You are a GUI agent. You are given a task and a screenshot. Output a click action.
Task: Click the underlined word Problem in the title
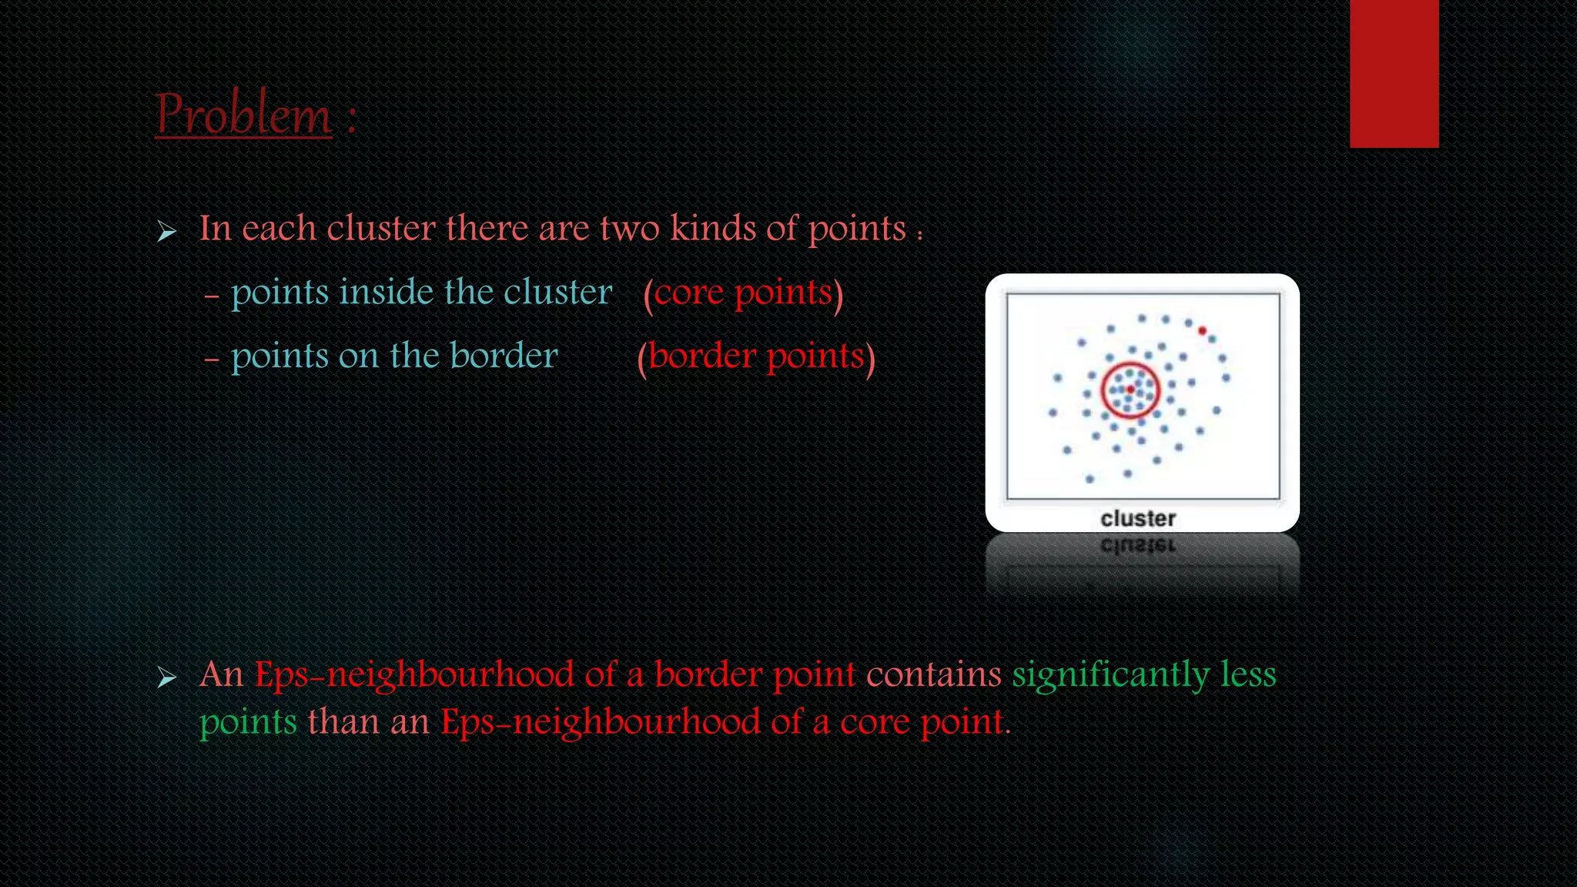[x=243, y=115]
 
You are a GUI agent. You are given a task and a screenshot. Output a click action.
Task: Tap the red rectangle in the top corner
[x=1394, y=73]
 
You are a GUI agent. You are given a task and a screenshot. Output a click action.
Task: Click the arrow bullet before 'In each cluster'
[x=166, y=231]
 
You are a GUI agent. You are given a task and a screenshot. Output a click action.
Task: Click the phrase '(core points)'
[x=743, y=293]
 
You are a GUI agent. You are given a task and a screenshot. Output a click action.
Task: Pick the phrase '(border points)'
[x=756, y=357]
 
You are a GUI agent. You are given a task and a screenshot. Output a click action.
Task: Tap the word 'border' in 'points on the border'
[x=504, y=356]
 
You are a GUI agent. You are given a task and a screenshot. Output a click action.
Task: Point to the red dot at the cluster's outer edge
[x=1202, y=331]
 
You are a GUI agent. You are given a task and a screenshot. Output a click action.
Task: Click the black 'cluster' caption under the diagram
[x=1138, y=519]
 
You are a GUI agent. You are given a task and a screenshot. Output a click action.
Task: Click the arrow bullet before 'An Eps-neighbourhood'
[x=166, y=678]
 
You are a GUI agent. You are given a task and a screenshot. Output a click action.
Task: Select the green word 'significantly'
[x=1110, y=675]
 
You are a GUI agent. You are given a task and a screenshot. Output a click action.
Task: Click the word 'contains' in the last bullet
[x=933, y=675]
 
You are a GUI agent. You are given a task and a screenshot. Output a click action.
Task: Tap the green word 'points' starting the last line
[x=248, y=724]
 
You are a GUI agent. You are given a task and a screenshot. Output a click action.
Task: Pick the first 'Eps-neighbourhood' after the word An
[x=414, y=675]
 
